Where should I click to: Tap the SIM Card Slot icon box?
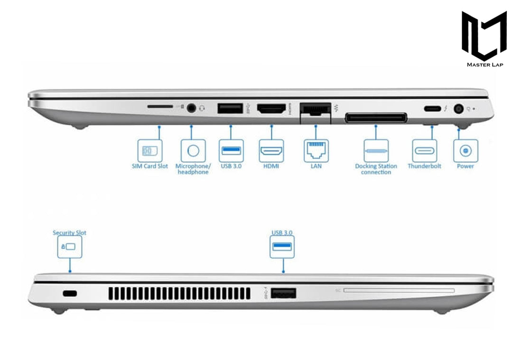[x=149, y=150]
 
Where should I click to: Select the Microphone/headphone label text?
[x=192, y=169]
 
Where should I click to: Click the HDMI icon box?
[x=271, y=151]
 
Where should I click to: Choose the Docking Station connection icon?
[x=376, y=151]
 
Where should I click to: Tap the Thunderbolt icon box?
[x=424, y=151]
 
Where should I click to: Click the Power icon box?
[x=466, y=151]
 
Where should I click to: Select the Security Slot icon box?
[x=69, y=247]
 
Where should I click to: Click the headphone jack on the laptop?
[x=192, y=108]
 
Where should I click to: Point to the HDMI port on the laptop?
[x=271, y=109]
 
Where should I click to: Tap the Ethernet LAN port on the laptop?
[x=315, y=110]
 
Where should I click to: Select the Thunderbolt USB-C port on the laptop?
[x=431, y=109]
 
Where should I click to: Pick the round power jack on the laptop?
[x=458, y=109]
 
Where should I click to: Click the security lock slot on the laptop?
[x=70, y=294]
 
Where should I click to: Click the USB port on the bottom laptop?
[x=283, y=293]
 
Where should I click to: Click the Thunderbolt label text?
[x=424, y=166]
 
